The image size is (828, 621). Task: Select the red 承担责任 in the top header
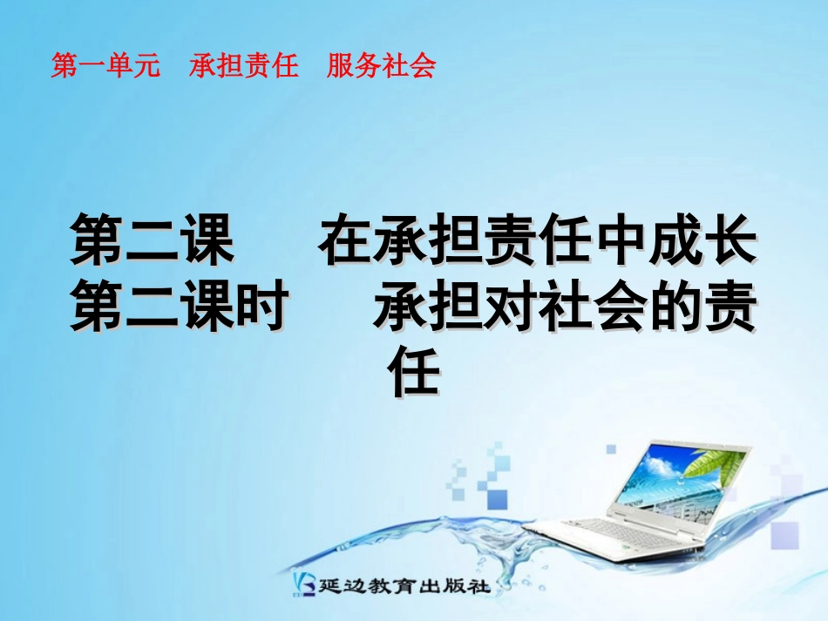[x=244, y=67]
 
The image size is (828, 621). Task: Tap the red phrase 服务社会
[x=381, y=67]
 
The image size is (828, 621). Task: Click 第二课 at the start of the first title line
[x=153, y=241]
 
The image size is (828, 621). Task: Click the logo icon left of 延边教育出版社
[x=304, y=585]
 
